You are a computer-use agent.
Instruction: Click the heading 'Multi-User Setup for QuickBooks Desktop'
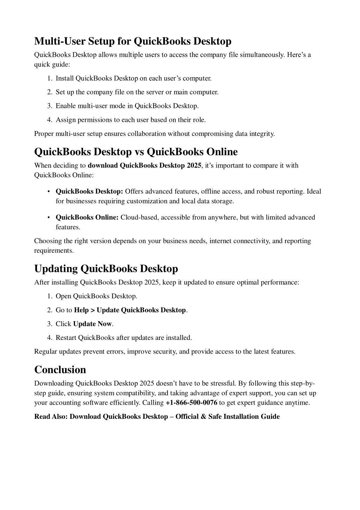click(x=133, y=41)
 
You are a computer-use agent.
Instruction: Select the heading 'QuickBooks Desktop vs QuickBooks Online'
click(x=136, y=152)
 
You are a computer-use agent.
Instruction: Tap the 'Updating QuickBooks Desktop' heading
click(x=106, y=269)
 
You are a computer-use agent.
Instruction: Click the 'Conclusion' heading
click(x=60, y=369)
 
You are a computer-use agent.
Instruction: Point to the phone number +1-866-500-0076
click(x=191, y=403)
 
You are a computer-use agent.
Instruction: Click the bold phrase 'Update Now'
click(x=92, y=324)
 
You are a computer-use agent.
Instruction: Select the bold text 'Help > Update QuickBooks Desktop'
click(x=130, y=310)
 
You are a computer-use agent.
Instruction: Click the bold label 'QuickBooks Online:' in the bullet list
click(x=87, y=217)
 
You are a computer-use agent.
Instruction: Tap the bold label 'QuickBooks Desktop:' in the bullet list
click(x=89, y=192)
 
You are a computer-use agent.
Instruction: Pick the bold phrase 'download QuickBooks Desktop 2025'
click(x=144, y=166)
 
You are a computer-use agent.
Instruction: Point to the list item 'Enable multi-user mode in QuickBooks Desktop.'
click(x=127, y=106)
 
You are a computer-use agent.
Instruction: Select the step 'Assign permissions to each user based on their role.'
click(x=131, y=120)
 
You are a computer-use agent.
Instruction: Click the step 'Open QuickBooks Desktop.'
click(x=96, y=296)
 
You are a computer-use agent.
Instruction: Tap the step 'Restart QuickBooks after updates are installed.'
click(x=124, y=337)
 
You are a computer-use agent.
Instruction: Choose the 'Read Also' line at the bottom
click(x=157, y=417)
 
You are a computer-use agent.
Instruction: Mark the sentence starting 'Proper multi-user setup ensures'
click(x=154, y=134)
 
